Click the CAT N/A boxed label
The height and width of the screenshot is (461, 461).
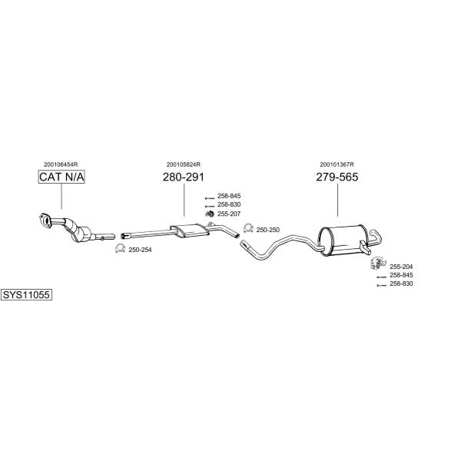click(61, 177)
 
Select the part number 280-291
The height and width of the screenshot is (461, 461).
click(183, 177)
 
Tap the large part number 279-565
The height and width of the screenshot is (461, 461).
click(337, 177)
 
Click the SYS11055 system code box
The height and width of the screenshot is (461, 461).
click(26, 294)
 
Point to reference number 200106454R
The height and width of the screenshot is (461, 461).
click(61, 164)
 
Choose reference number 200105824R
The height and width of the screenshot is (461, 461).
click(184, 164)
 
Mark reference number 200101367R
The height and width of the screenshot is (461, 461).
click(337, 164)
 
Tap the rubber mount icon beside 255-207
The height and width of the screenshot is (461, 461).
click(210, 214)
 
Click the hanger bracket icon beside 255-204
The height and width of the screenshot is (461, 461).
click(378, 263)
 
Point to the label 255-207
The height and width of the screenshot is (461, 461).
click(229, 214)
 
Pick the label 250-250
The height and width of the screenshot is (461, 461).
click(268, 230)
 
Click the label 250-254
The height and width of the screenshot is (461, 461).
click(141, 250)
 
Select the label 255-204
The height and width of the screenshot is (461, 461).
click(401, 267)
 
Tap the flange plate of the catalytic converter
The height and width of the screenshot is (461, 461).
click(45, 221)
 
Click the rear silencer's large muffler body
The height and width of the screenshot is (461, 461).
click(343, 240)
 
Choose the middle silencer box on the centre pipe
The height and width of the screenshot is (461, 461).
click(190, 230)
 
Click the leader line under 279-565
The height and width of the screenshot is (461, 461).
click(337, 201)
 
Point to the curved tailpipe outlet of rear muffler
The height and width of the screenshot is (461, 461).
click(376, 237)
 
